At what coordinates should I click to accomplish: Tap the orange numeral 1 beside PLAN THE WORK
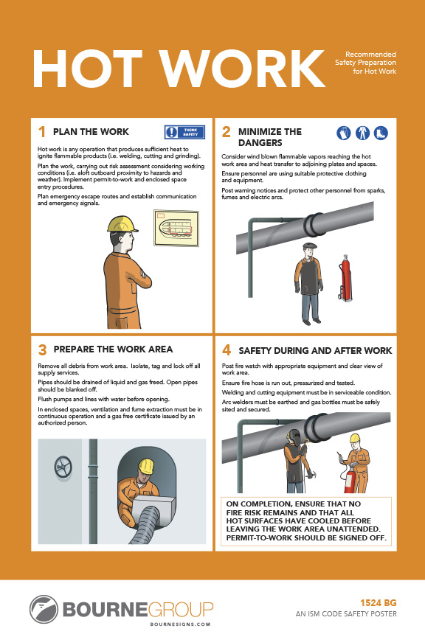coord(41,132)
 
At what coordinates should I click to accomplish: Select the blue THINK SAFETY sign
coord(184,132)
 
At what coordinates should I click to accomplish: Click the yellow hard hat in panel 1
coord(122,224)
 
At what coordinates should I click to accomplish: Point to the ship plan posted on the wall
coord(176,228)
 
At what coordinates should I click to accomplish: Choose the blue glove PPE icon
coord(344,133)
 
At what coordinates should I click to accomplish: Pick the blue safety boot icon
coord(381,133)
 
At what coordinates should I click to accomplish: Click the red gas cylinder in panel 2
coord(345,278)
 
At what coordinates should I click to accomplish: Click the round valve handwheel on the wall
coord(63,467)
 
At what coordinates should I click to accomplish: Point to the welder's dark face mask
coord(294,438)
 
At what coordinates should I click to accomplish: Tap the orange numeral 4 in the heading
coord(227,350)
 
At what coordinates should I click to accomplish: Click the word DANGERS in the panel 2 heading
coord(260,142)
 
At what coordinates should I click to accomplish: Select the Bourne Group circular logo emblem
coord(44,609)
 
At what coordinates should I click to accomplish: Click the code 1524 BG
coord(379,603)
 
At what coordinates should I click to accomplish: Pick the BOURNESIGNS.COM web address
coord(180,624)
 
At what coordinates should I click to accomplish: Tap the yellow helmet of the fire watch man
coord(355,438)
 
